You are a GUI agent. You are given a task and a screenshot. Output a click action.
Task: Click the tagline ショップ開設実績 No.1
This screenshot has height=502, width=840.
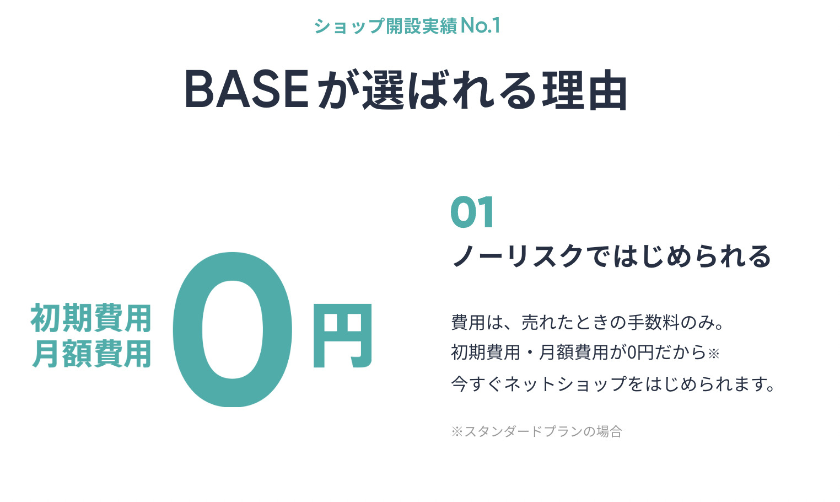click(x=407, y=26)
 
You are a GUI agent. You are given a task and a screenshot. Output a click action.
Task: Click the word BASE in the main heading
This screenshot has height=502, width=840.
click(x=246, y=89)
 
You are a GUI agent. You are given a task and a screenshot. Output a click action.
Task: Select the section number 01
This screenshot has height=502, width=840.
click(x=472, y=213)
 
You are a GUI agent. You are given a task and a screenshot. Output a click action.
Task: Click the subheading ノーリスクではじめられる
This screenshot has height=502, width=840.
click(x=611, y=257)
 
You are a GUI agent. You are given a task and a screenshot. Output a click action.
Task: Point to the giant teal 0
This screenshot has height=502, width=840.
click(x=233, y=329)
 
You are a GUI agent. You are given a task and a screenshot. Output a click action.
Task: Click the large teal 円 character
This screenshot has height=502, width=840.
click(x=342, y=335)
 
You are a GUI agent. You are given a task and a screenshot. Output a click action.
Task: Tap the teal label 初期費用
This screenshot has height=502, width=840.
click(x=91, y=319)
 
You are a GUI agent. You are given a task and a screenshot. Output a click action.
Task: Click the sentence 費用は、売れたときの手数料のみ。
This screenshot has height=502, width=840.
click(x=588, y=322)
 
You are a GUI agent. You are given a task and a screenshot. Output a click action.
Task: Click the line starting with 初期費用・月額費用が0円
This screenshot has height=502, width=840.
click(x=585, y=352)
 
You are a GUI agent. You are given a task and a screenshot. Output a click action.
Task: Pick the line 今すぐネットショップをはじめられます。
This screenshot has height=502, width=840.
click(x=613, y=384)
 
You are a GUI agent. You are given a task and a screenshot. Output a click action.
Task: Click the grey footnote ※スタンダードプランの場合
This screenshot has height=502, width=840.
click(x=536, y=431)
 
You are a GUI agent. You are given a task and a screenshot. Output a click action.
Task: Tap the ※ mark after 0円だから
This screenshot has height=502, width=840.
click(x=714, y=354)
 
